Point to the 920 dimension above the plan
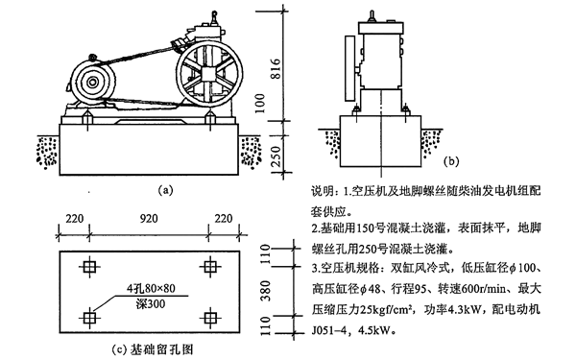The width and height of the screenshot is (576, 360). pyautogui.click(x=148, y=220)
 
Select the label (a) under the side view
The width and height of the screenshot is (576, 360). pyautogui.click(x=167, y=190)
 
